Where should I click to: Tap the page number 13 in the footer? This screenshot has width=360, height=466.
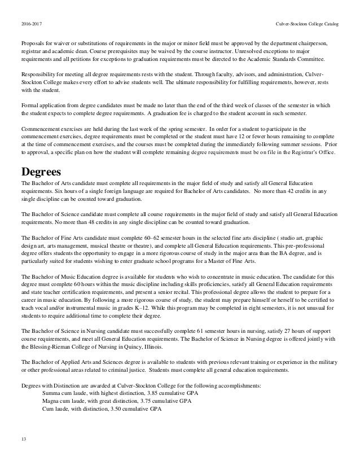click(23, 438)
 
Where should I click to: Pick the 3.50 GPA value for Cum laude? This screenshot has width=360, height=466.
click(121, 410)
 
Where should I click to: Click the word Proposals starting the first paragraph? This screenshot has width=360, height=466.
click(34, 42)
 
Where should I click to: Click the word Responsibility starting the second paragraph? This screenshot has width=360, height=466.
click(39, 74)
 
